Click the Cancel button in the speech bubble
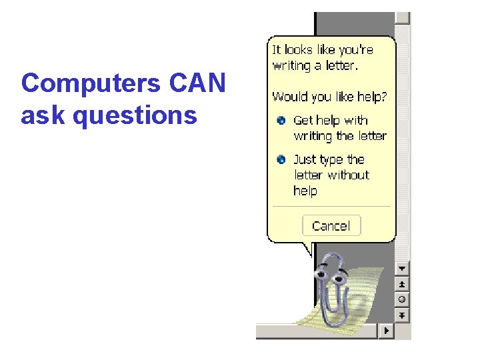(331, 225)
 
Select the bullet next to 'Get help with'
(281, 121)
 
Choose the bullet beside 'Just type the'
(281, 160)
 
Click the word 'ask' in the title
(43, 116)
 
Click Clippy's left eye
(323, 274)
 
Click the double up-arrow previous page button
(403, 284)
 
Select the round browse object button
(403, 299)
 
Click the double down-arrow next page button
(403, 315)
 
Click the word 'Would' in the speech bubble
(287, 97)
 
